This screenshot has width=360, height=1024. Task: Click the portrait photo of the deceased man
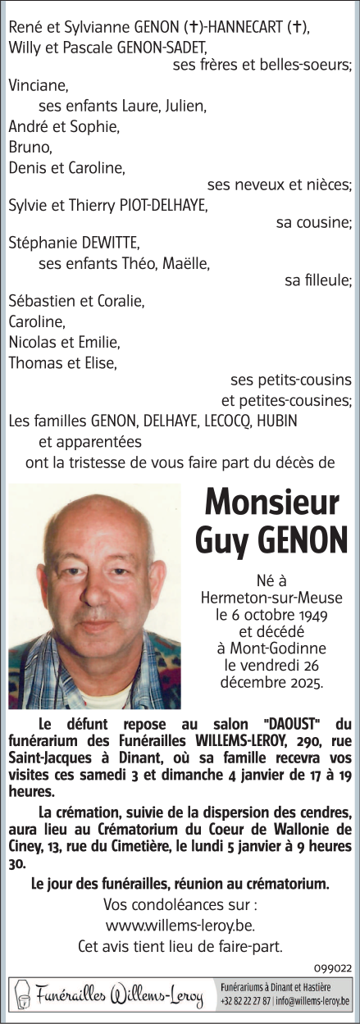(x=94, y=595)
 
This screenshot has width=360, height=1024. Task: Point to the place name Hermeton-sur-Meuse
(x=270, y=597)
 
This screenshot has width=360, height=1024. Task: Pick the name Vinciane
(x=39, y=84)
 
